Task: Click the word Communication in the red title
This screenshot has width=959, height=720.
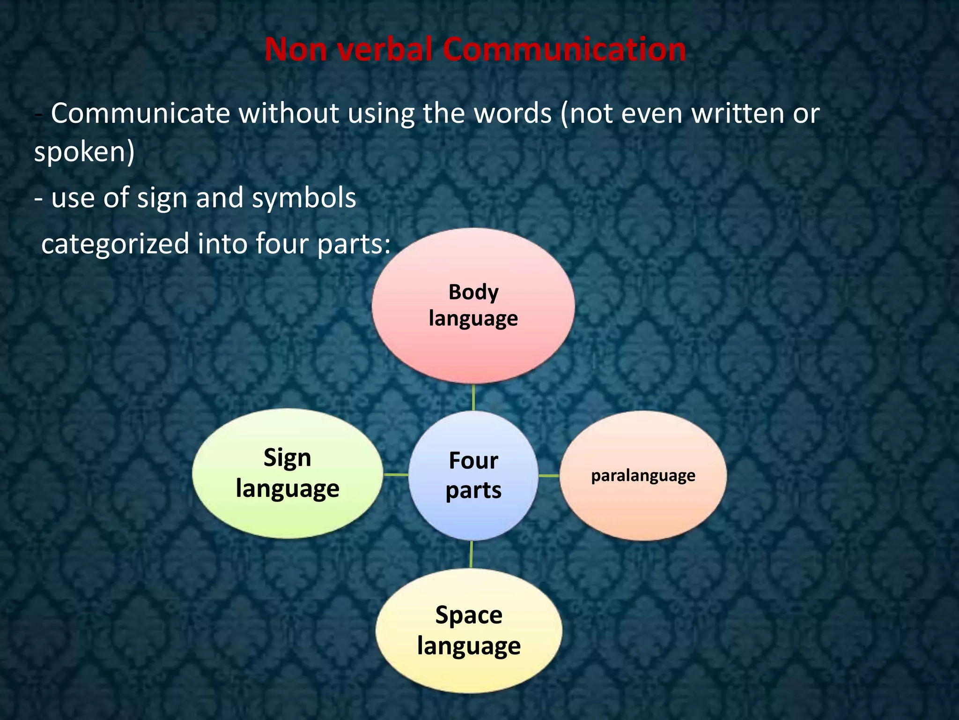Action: [x=564, y=49]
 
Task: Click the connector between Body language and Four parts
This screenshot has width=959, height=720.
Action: [x=473, y=397]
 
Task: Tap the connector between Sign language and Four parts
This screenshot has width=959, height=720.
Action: [x=396, y=475]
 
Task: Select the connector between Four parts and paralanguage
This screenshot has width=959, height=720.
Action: [x=549, y=476]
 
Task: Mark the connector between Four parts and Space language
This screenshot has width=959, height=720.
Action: [x=471, y=555]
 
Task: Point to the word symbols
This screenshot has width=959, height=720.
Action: [x=304, y=198]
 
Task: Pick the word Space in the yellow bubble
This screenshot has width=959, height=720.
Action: [x=469, y=615]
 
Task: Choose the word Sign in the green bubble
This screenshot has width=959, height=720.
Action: [x=287, y=458]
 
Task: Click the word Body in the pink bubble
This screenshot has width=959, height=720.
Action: [x=473, y=292]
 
